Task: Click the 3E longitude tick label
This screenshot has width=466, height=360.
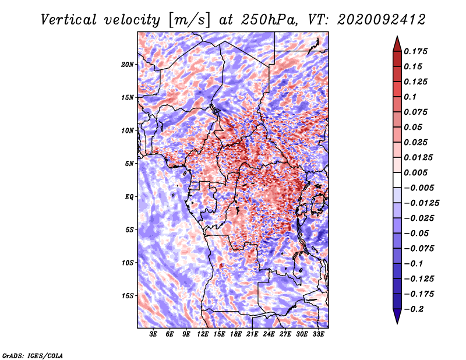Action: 154,334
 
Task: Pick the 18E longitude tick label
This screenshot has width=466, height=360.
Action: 236,334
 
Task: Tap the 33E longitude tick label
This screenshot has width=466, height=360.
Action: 319,334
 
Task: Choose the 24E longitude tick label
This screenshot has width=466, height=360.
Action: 269,334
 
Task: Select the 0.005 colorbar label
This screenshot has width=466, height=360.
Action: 417,172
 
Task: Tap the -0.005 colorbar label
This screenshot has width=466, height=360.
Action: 419,188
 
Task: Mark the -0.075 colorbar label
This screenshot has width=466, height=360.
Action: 419,248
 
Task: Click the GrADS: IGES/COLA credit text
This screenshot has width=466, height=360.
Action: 33,355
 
